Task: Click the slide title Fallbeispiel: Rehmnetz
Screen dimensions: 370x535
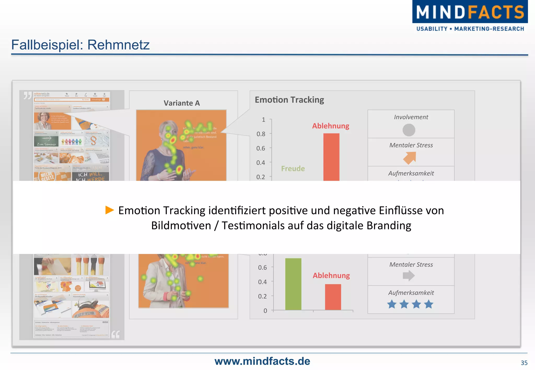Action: (x=80, y=45)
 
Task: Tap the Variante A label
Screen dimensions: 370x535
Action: (x=182, y=103)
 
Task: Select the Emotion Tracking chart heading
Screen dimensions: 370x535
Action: (x=289, y=100)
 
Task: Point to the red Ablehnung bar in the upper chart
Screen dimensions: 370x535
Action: (x=331, y=157)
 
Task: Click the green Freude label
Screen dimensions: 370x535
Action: (x=293, y=169)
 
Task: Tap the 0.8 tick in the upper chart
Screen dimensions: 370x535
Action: (x=261, y=134)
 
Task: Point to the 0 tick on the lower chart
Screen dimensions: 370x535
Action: (x=265, y=311)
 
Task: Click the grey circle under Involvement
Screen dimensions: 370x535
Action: (x=409, y=130)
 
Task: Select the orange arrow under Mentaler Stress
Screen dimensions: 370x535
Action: (x=409, y=158)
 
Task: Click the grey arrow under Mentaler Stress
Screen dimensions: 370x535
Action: (x=409, y=276)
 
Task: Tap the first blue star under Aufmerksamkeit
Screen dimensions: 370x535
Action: (x=392, y=304)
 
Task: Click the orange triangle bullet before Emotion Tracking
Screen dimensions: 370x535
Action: (x=109, y=210)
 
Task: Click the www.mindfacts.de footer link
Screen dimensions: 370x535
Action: (x=262, y=361)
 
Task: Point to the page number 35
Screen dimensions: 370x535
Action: (x=524, y=363)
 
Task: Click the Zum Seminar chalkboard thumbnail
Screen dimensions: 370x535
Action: (x=46, y=141)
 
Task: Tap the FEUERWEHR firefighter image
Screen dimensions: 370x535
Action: (x=90, y=309)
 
